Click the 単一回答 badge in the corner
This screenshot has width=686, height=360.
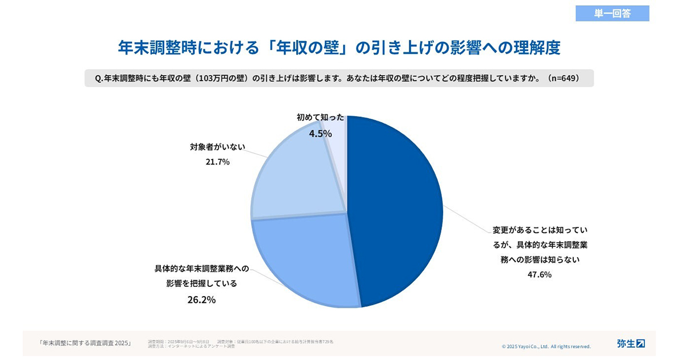(x=612, y=14)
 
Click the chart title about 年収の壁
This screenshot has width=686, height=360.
(x=338, y=47)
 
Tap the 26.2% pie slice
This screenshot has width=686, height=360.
(x=303, y=257)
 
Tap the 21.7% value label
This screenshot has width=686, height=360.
(x=217, y=162)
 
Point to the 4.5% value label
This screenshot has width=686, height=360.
(x=320, y=133)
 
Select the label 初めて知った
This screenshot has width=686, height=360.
(x=320, y=118)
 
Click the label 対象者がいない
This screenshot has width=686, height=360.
(x=217, y=147)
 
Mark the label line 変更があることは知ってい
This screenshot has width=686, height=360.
(x=540, y=230)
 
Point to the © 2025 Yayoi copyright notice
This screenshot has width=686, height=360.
(x=546, y=346)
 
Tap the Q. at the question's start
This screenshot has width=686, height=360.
(x=98, y=78)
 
